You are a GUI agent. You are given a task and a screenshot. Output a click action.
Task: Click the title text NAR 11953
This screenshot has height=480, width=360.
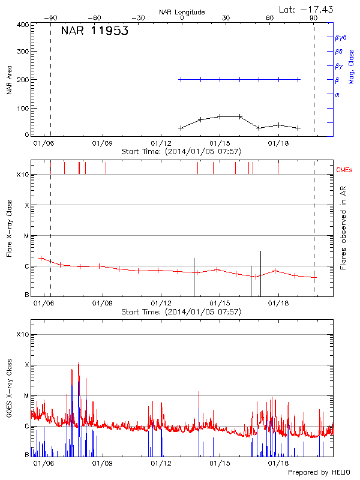tap(95, 31)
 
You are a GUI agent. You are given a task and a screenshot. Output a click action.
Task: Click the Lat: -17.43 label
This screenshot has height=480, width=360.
tap(307, 8)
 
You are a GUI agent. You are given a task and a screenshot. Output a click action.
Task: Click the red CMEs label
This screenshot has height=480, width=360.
tap(344, 170)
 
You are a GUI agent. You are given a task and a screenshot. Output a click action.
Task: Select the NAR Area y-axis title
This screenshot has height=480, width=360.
tap(9, 80)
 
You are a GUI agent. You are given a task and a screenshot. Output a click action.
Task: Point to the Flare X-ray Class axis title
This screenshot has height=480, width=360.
tap(9, 229)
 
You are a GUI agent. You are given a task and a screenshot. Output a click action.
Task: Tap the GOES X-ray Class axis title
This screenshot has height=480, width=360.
tap(9, 393)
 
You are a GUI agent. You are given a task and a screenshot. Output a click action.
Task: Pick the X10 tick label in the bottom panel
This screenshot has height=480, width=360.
tap(22, 334)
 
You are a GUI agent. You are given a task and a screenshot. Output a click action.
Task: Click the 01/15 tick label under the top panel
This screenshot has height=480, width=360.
tap(220, 143)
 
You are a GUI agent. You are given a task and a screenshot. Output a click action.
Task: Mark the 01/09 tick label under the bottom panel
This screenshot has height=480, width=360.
tap(103, 463)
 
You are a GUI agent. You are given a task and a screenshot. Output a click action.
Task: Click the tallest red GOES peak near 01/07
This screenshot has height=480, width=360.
tap(79, 363)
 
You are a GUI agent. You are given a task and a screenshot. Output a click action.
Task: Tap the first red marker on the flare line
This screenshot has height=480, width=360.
tap(41, 258)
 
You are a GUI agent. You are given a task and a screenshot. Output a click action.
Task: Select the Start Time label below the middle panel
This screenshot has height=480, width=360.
tap(181, 312)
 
